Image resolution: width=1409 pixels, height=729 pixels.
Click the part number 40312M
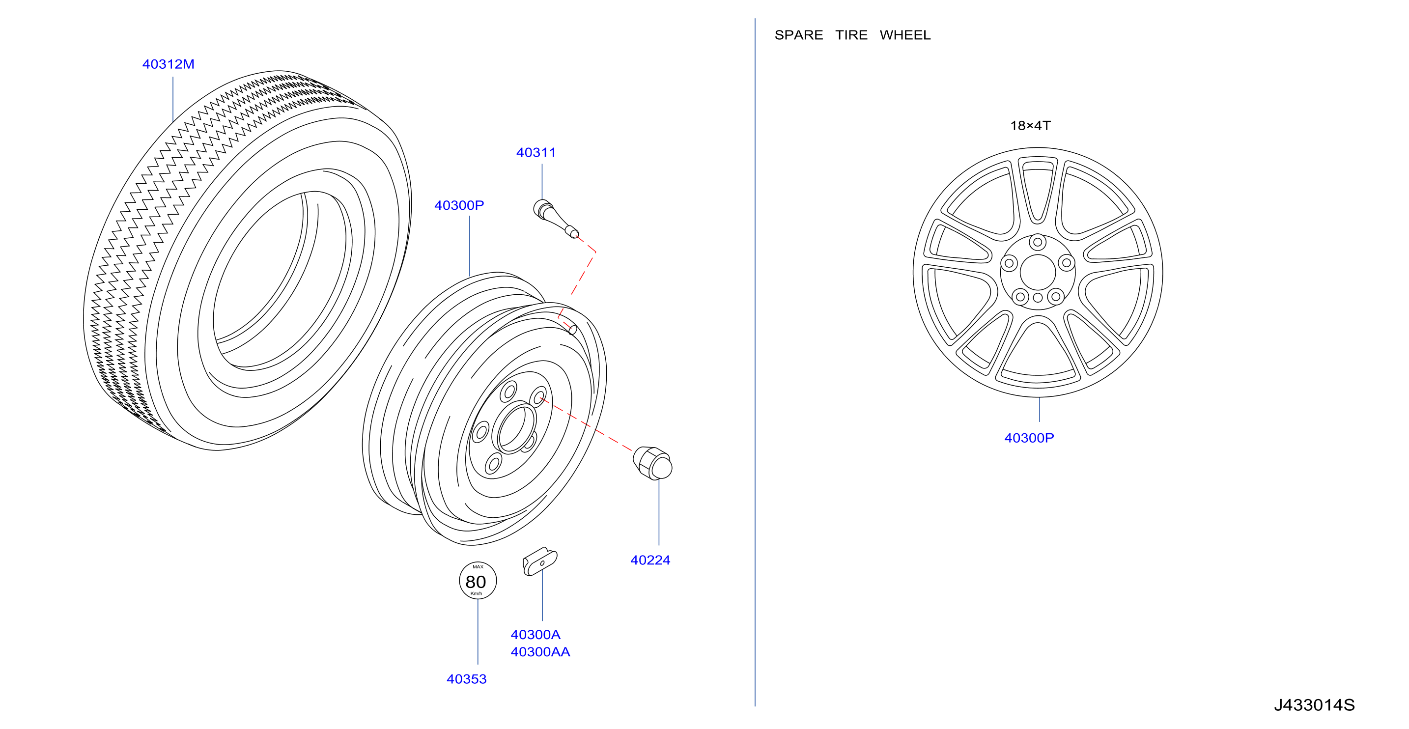[x=168, y=64]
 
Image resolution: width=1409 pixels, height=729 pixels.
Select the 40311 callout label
[x=535, y=153]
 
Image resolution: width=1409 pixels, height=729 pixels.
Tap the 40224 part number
[x=650, y=560]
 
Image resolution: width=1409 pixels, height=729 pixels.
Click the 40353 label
[x=466, y=679]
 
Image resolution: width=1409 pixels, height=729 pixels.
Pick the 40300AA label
[x=540, y=652]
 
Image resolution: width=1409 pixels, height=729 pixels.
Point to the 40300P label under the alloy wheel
[x=1028, y=438]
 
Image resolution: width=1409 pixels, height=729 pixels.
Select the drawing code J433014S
[x=1314, y=705]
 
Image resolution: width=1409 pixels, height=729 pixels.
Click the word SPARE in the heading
[x=798, y=35]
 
